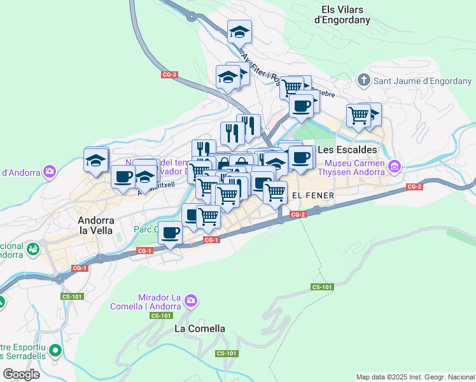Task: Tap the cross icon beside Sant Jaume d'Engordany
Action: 363,80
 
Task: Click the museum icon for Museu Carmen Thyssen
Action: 395,166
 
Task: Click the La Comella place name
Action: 200,329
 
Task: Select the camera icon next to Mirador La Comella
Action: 193,299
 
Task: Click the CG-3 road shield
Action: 169,74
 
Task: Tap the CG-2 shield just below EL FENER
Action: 299,215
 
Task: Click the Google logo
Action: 21,374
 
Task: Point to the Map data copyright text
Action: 415,377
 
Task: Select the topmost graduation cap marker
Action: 240,31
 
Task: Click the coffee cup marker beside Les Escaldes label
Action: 301,157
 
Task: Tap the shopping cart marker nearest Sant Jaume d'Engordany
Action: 358,115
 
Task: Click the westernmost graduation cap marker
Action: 96,159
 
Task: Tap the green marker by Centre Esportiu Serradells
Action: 56,350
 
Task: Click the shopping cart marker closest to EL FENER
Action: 275,190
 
